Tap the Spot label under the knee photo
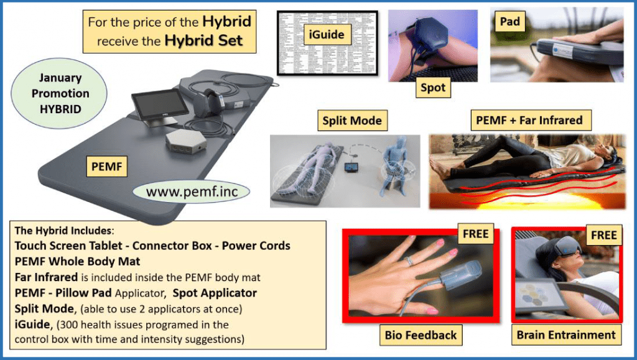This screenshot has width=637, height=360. pos(433,88)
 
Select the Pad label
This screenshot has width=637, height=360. pos(509,22)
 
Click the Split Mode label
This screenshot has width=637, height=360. pos(352,120)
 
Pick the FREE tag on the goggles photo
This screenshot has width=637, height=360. pos(603,234)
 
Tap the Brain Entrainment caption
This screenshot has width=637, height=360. pos(566,335)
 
